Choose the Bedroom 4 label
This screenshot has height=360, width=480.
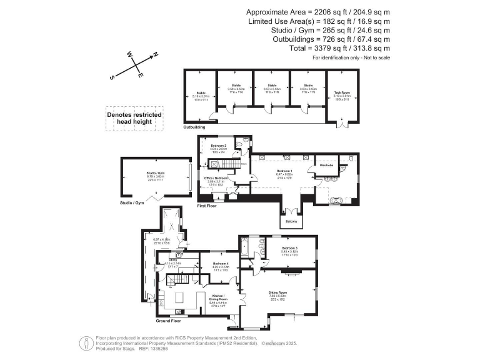click(221, 264)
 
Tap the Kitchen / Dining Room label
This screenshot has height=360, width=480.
click(219, 296)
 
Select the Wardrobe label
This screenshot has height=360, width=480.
click(335, 165)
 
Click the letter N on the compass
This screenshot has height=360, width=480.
click(156, 54)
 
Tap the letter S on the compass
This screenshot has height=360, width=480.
click(112, 77)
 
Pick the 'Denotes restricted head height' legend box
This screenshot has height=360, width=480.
click(134, 119)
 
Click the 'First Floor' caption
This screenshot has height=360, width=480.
click(206, 205)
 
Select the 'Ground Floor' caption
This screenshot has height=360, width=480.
click(168, 321)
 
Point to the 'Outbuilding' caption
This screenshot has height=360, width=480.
click(194, 127)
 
